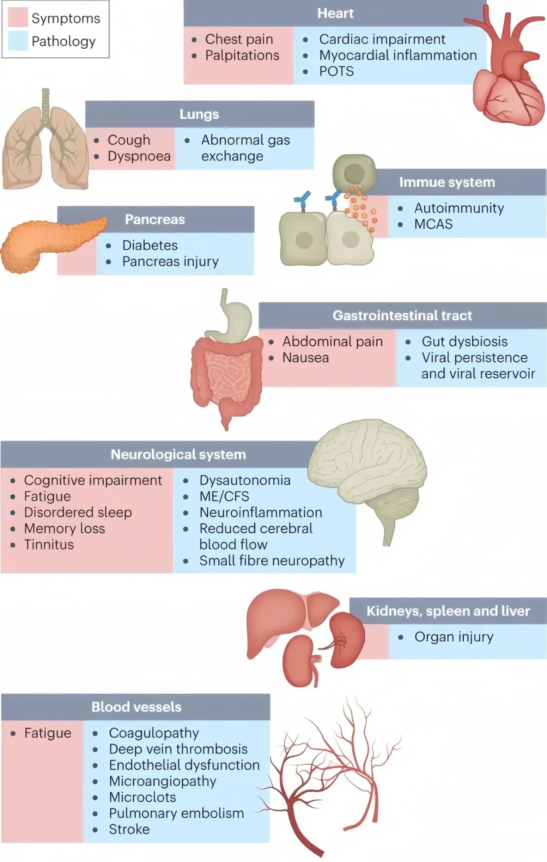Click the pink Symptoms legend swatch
[x=18, y=18]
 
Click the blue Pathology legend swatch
[x=18, y=41]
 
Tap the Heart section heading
[x=335, y=13]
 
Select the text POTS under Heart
[x=336, y=71]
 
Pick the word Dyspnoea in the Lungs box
[x=139, y=156]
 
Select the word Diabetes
[x=150, y=245]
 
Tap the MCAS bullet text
[x=433, y=224]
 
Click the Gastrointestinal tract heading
[x=402, y=316]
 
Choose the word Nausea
[x=306, y=357]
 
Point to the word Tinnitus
[x=49, y=544]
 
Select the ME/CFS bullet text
[x=224, y=496]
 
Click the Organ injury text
[x=454, y=637]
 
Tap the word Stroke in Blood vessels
[x=129, y=829]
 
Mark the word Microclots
[x=142, y=797]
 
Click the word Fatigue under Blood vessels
[x=47, y=733]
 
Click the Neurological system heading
[x=178, y=454]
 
